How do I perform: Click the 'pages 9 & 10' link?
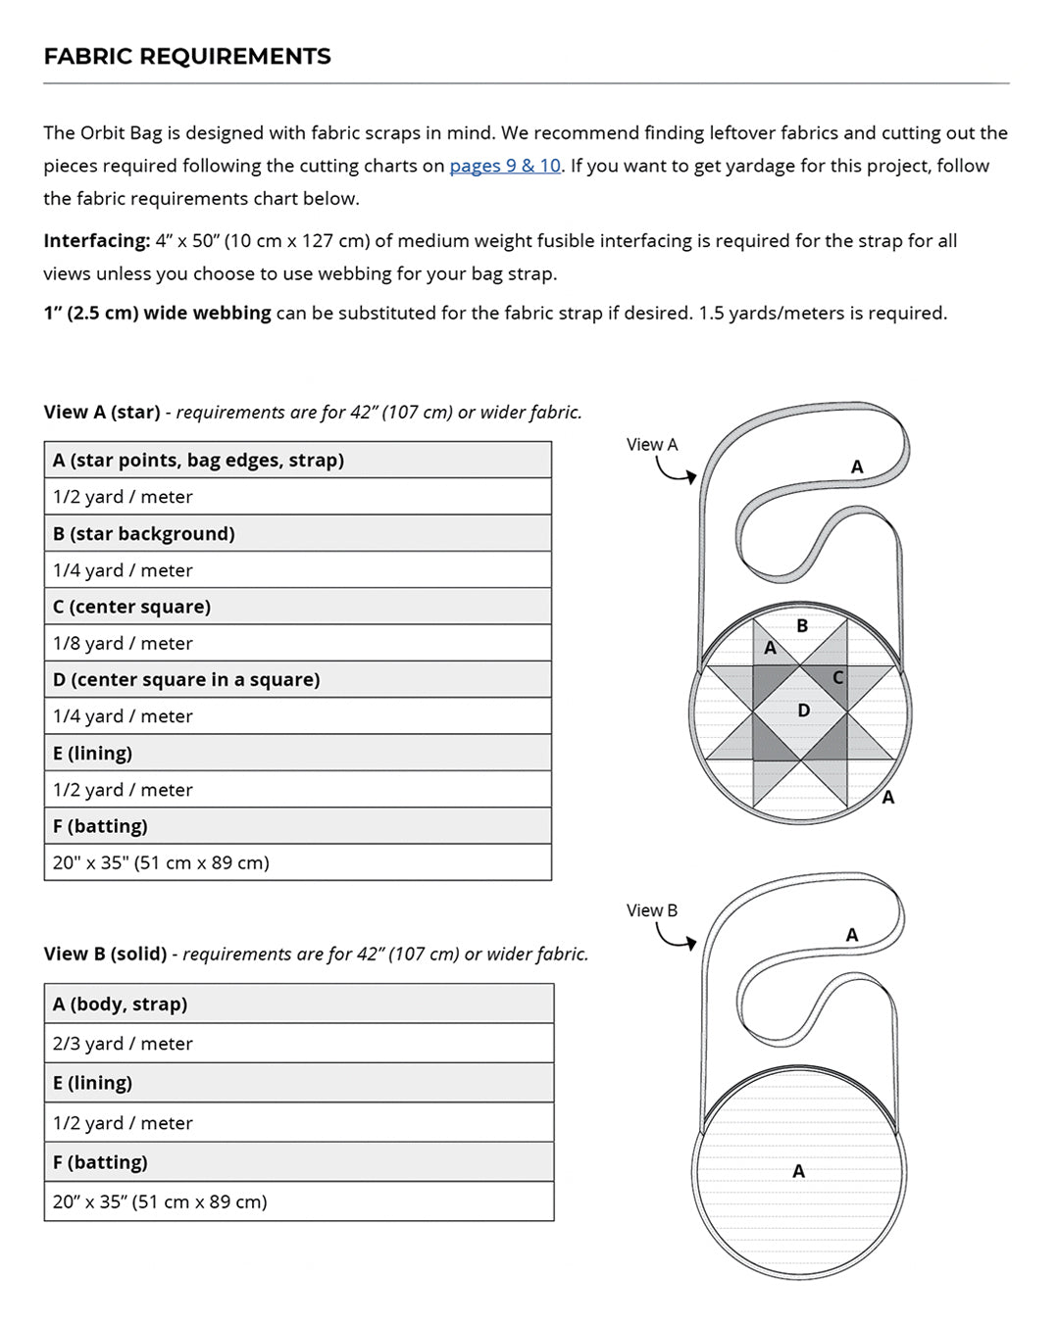point(505,166)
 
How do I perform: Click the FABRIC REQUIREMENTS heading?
point(187,57)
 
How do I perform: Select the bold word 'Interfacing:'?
point(96,241)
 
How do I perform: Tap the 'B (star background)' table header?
point(144,533)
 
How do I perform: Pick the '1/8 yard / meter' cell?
point(123,643)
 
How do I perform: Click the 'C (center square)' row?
point(131,607)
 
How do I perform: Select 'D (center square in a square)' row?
point(186,679)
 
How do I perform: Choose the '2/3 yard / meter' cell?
point(123,1044)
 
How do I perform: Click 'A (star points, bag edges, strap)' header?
point(198,460)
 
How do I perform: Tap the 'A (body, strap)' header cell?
point(120,1004)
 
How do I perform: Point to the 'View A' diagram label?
point(652,445)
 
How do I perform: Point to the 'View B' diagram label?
point(652,910)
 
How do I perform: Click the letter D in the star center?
point(803,710)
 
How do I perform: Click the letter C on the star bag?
point(837,677)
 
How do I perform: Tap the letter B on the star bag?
point(802,625)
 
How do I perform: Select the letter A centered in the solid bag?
point(798,1171)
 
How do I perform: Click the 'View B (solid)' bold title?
point(105,954)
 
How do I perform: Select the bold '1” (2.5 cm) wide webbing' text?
point(157,314)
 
